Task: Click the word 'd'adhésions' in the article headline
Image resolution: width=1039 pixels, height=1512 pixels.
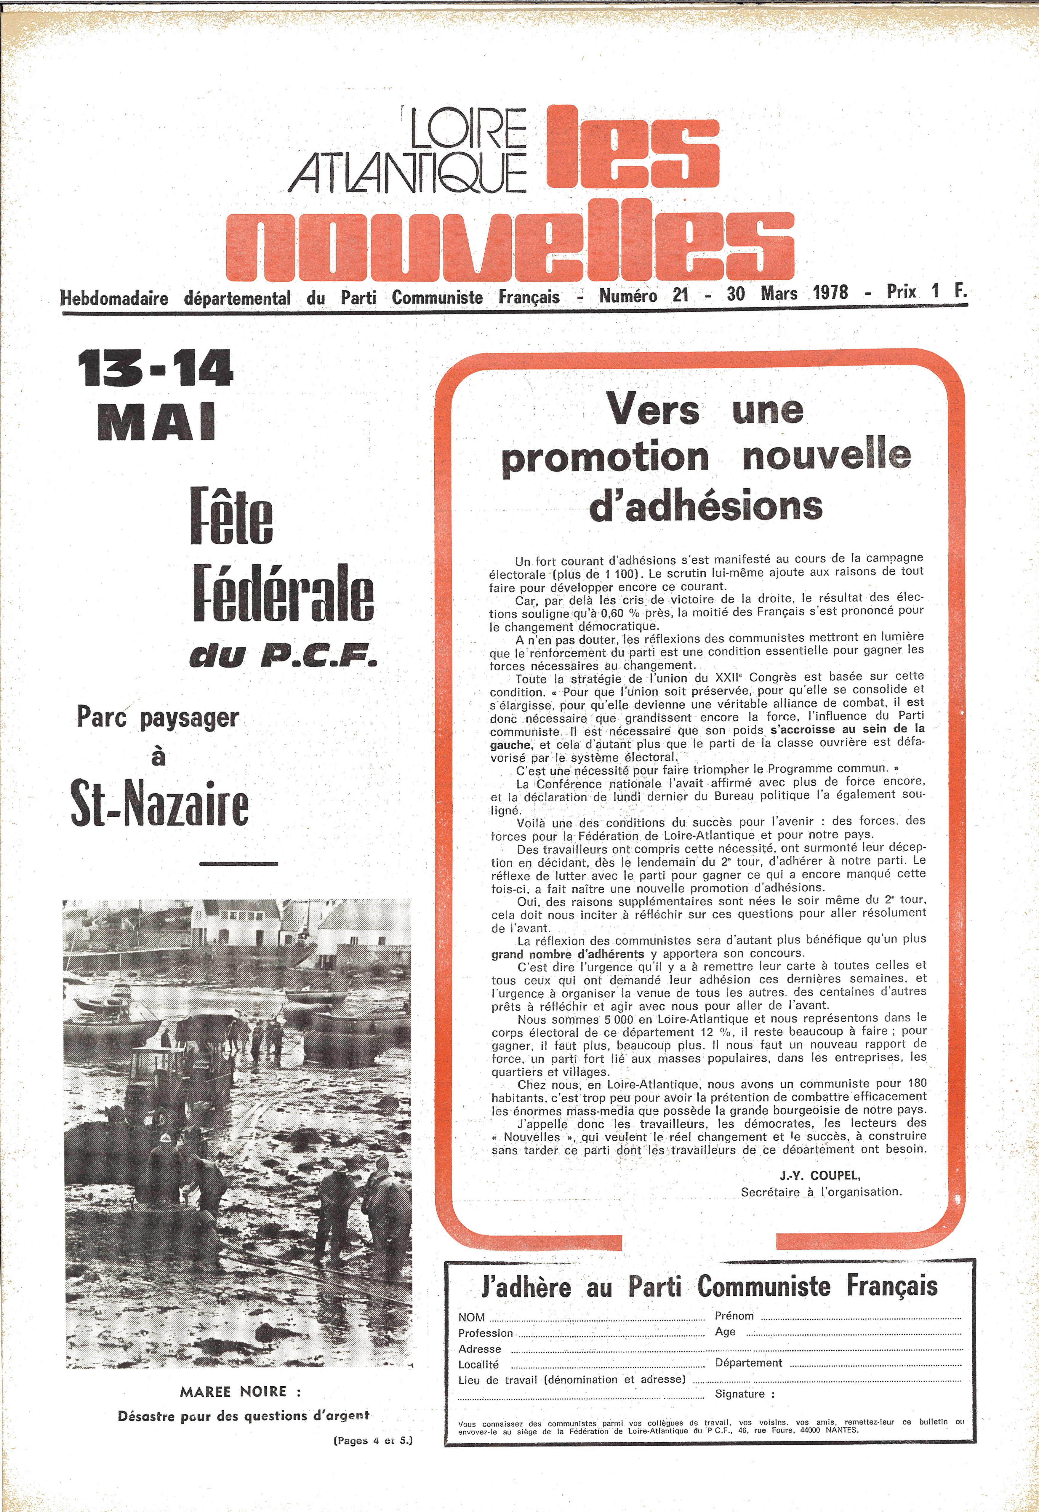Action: click(706, 506)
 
